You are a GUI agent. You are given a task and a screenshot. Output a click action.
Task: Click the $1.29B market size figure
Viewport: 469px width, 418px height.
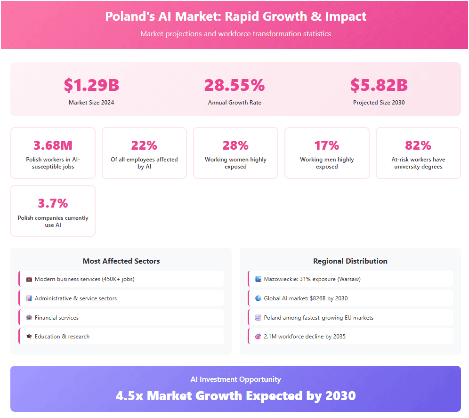point(91,85)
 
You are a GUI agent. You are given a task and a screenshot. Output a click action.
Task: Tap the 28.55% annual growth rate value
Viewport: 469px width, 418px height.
point(234,85)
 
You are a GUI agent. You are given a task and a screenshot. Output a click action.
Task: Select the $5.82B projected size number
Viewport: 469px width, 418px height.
point(379,85)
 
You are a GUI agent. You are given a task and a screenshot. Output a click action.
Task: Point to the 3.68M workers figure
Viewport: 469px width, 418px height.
point(53,145)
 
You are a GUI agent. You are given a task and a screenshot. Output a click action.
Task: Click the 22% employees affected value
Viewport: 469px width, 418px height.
point(144,145)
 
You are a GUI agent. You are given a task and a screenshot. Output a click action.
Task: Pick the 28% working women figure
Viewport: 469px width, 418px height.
point(235,145)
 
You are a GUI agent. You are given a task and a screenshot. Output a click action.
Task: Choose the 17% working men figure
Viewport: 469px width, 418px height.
point(327,145)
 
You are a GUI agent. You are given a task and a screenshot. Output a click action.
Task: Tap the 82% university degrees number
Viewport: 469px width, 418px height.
point(418,145)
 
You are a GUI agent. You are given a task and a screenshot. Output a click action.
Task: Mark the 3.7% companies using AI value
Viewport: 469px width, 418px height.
point(53,203)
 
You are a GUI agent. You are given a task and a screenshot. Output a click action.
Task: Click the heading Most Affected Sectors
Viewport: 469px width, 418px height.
point(121,261)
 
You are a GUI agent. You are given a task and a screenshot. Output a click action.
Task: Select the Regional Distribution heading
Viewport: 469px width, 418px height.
point(350,261)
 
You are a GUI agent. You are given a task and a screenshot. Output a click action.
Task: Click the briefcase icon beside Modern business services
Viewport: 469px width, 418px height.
point(29,279)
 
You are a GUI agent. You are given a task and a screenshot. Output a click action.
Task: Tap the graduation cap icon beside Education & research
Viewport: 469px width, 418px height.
point(29,337)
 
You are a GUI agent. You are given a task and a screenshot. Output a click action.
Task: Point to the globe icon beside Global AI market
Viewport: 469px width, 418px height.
point(258,298)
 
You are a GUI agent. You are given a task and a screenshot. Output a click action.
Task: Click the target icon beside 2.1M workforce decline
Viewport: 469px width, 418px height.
point(258,337)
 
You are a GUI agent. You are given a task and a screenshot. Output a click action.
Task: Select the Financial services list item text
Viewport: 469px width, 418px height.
point(57,318)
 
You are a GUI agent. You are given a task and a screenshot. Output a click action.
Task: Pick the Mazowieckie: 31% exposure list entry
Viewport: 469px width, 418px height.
point(312,279)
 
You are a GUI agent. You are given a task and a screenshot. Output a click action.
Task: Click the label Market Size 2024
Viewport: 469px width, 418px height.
point(91,103)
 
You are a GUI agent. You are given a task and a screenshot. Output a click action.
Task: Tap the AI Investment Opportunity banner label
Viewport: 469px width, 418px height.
point(235,379)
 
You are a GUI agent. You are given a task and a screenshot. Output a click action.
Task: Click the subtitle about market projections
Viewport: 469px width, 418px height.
point(235,34)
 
